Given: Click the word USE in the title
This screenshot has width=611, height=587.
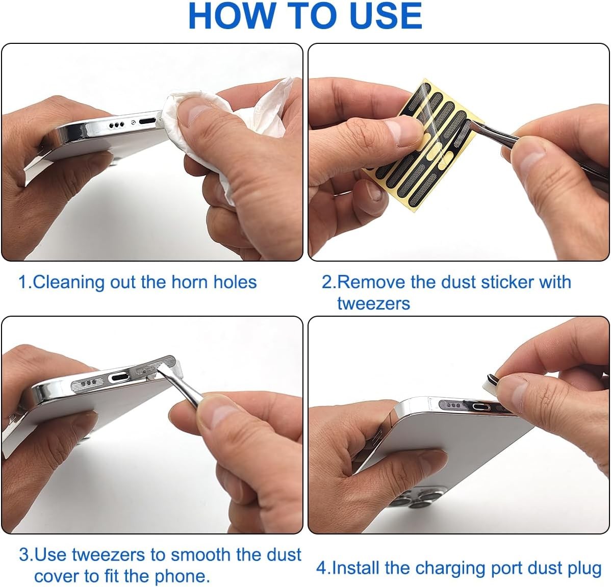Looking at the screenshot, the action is point(386,16).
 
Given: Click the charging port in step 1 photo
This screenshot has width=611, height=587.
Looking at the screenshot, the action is point(147,122).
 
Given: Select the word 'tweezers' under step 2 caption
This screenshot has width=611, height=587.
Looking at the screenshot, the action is point(373,303).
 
